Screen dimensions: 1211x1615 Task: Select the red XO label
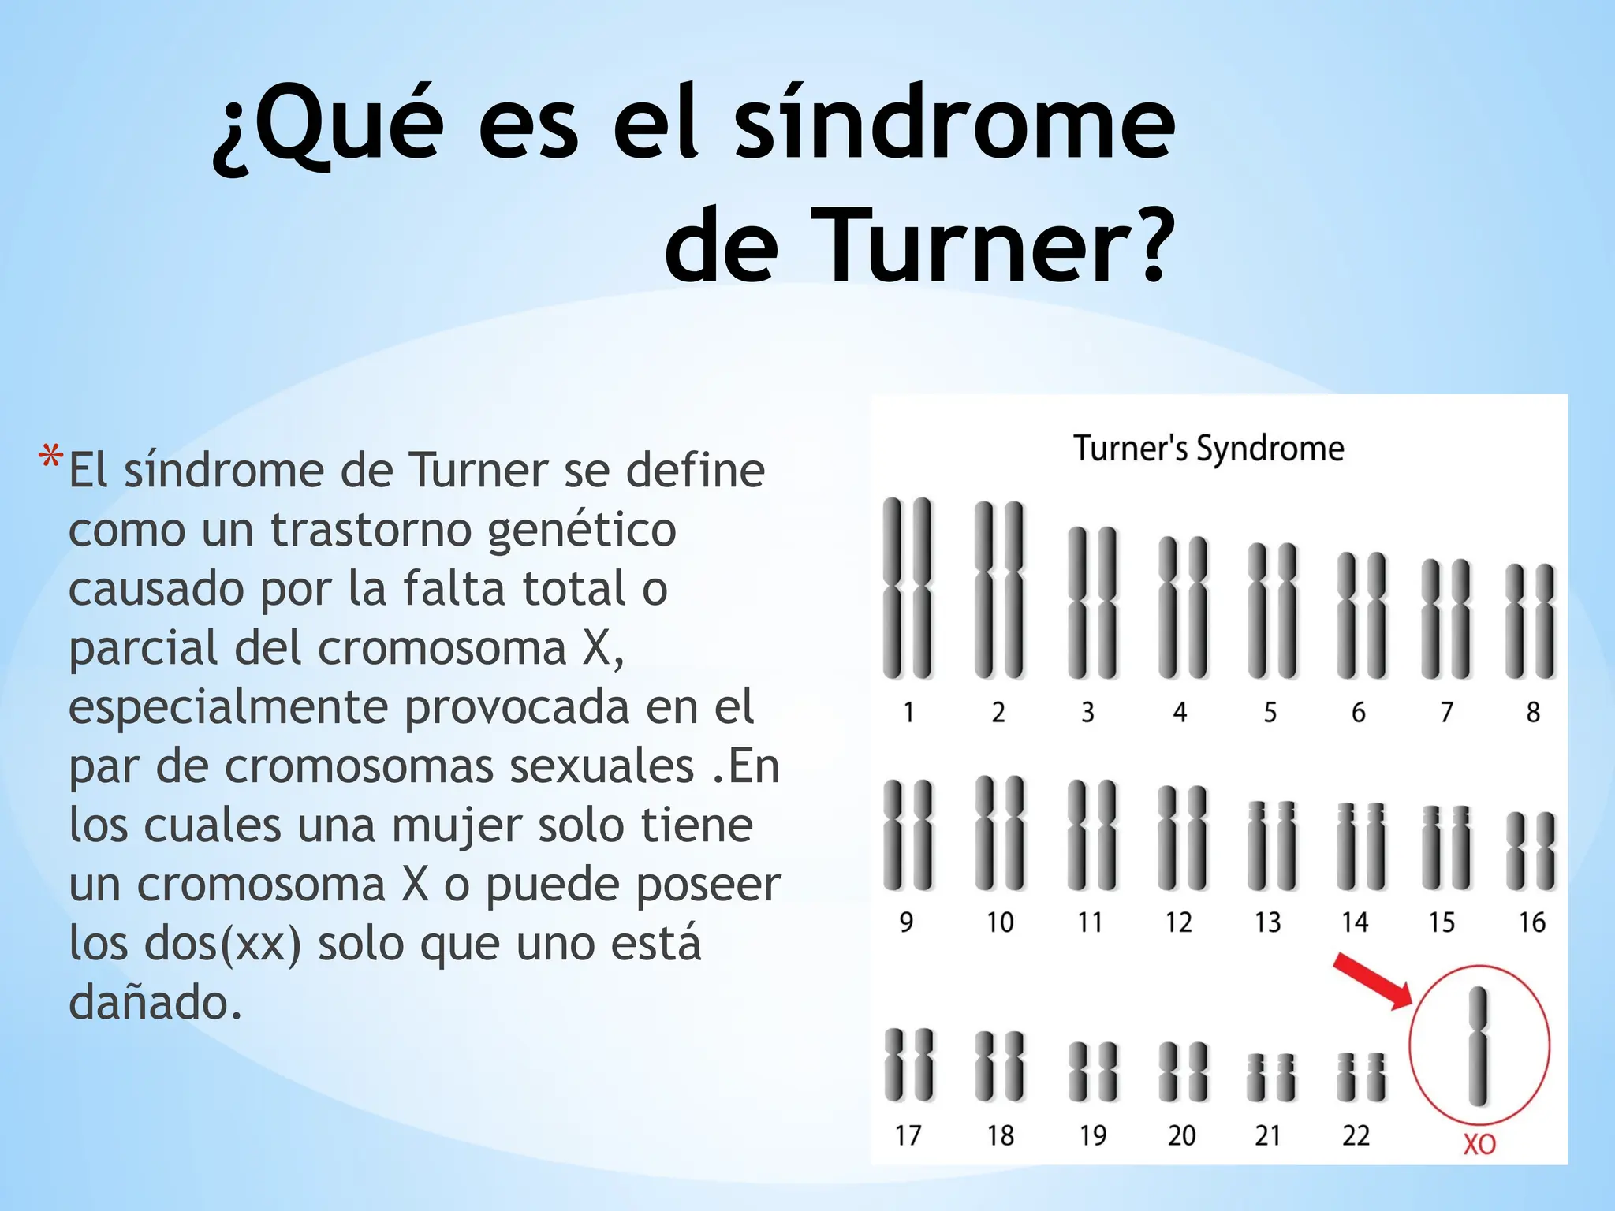coord(1479,1144)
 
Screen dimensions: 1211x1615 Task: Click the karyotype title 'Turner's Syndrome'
coord(1208,449)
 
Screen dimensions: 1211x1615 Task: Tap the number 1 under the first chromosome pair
coord(908,713)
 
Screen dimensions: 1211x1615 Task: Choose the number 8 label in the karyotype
coord(1532,713)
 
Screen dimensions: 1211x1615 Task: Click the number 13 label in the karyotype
coord(1268,922)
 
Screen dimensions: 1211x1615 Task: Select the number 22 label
coord(1356,1135)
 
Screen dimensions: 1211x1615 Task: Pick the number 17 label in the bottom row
coord(908,1135)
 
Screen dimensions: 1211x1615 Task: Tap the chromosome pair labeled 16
coord(1531,851)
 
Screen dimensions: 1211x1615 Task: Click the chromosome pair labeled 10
coord(1000,833)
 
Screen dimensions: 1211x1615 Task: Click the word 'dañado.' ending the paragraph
coord(155,1003)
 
